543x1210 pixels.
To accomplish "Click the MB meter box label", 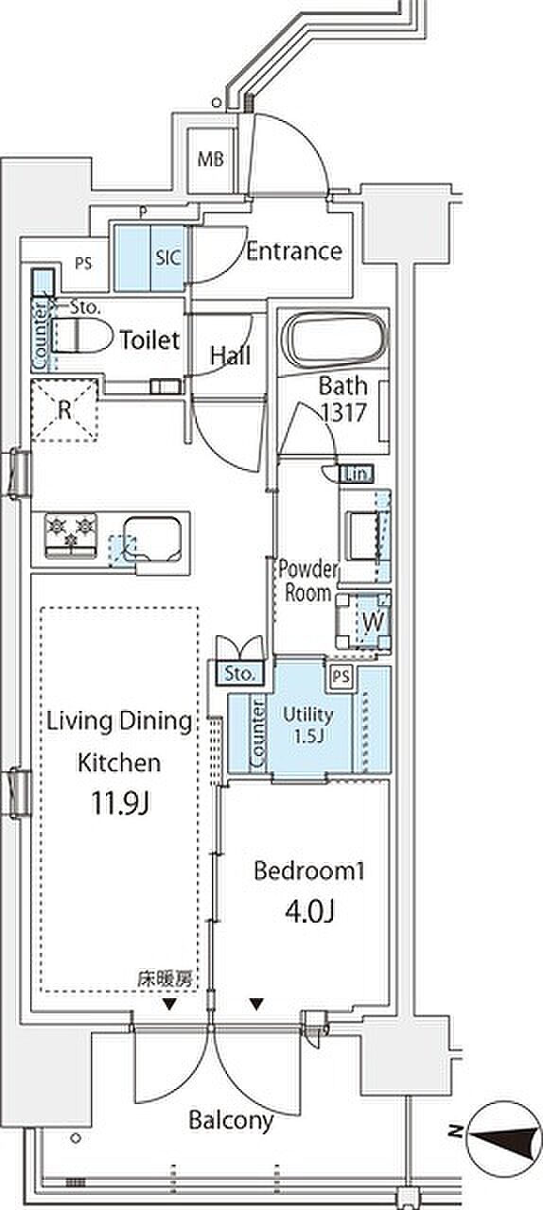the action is (x=210, y=160).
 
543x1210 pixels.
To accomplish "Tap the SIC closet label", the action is (x=167, y=258).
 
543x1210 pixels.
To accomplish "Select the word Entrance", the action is (x=294, y=251).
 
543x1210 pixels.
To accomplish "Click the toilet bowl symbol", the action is (x=82, y=336).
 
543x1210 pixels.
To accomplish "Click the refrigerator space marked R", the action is (x=64, y=410).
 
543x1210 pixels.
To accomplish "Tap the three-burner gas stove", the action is (x=71, y=535).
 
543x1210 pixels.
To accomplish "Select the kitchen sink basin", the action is (x=152, y=539).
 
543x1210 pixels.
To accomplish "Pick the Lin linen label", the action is (x=356, y=475).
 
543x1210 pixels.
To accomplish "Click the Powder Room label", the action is (x=307, y=581).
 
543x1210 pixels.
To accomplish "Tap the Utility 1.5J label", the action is (x=307, y=724).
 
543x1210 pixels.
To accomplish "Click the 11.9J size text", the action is (x=119, y=804).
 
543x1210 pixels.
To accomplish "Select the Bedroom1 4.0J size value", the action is (x=308, y=912).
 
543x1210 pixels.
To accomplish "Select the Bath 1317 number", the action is (x=344, y=413).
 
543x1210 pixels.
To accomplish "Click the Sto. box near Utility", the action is (x=239, y=674).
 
